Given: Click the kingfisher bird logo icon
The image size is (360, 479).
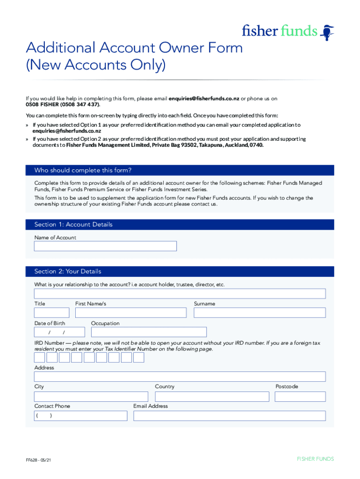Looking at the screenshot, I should pos(328,32).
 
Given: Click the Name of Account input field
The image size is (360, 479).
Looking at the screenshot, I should pos(105,246).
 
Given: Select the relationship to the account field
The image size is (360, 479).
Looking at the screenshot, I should pos(180,294).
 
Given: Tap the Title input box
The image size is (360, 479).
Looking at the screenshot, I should pos(51,313).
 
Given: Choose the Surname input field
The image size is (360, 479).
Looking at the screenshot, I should pos(259,313).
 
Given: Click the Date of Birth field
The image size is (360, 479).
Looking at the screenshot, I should pos(59,332).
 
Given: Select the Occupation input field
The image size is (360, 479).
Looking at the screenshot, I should pos(149,332).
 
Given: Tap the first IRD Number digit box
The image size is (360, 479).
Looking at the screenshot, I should pos(40,358).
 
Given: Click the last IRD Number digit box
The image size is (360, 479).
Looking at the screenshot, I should pos(138,358).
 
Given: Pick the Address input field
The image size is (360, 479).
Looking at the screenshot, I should pos(180,377).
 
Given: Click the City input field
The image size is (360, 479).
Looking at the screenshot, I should pos(91,397).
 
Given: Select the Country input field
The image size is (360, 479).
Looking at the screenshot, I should pos(212,397).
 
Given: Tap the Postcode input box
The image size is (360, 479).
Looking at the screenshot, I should pos(300,397).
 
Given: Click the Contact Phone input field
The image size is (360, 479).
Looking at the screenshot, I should pos(80,416).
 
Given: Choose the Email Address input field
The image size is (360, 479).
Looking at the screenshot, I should pos(229,416).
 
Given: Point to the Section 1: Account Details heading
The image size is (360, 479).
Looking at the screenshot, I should pos(73,225).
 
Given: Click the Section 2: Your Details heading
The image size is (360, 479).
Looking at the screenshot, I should pos(68,271).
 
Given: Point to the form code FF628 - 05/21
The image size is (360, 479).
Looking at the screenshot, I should pos(38,460).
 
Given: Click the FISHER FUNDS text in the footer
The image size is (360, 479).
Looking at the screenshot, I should pos(315,459).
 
